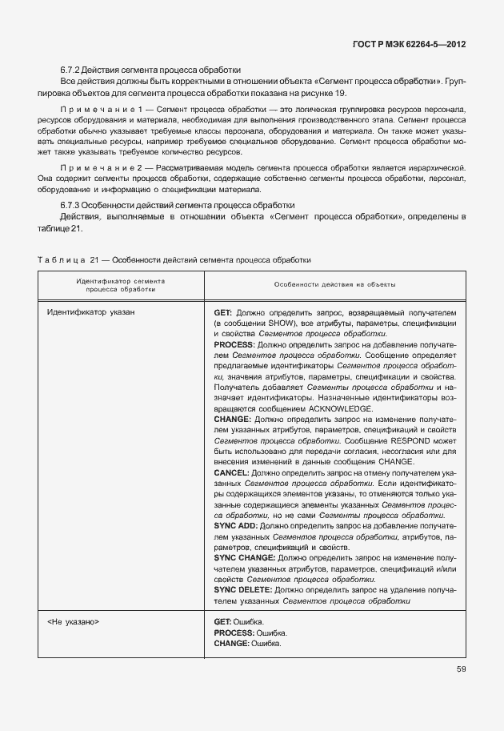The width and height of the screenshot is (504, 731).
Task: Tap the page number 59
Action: point(462,669)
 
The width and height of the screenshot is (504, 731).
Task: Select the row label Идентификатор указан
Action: point(91,311)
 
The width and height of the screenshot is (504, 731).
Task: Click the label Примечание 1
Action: point(101,108)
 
